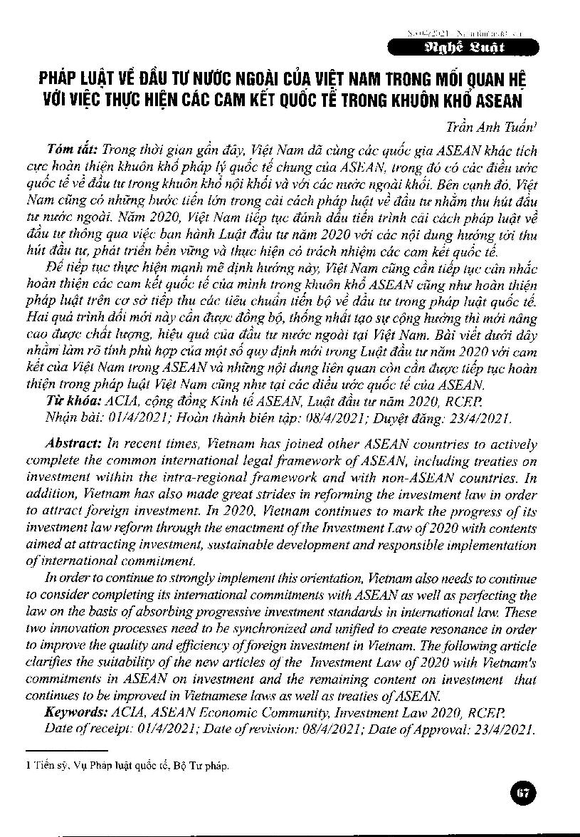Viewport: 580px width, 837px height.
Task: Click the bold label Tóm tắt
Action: coord(73,150)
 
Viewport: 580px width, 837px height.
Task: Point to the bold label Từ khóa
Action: coord(73,400)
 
